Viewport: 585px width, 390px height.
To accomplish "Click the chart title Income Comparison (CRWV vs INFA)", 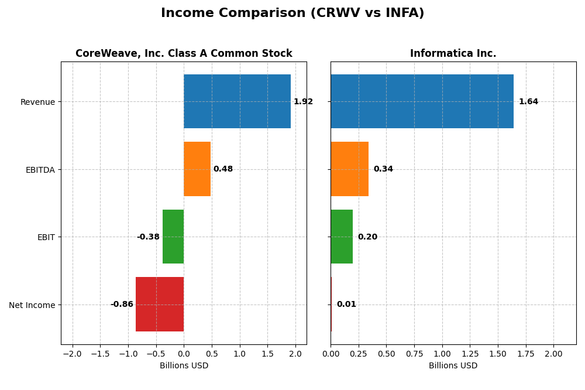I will (292, 13).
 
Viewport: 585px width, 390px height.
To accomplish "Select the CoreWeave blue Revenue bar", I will (237, 101).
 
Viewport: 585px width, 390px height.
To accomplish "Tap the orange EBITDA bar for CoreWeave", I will (197, 169).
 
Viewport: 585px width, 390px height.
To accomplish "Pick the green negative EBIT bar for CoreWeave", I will (173, 237).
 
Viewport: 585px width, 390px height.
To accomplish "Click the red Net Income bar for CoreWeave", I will (160, 305).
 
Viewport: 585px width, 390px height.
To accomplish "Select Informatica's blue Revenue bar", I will (422, 101).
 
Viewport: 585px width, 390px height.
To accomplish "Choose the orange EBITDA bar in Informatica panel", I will (349, 169).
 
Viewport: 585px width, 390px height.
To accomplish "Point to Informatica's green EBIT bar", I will (342, 237).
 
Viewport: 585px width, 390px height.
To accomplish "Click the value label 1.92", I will (303, 102).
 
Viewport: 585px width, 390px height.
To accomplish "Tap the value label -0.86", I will (122, 305).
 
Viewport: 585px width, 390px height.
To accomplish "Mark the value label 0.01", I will (346, 305).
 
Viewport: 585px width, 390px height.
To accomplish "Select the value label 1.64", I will (528, 102).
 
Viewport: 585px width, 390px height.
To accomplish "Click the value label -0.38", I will (148, 237).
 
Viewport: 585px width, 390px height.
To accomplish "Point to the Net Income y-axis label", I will (32, 305).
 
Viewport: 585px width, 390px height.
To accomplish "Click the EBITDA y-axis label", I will (40, 170).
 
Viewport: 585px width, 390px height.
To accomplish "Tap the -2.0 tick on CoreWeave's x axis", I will (73, 354).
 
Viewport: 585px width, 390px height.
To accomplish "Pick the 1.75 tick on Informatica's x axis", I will (526, 354).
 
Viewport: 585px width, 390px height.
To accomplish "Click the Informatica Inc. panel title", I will (453, 54).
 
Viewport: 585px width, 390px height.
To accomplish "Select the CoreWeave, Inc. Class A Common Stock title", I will (184, 54).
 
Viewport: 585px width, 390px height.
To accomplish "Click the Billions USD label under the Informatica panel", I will (453, 366).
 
